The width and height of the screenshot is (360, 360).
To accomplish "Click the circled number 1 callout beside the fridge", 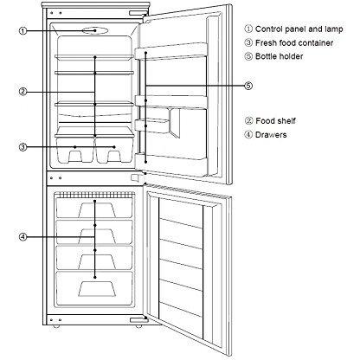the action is pyautogui.click(x=23, y=30).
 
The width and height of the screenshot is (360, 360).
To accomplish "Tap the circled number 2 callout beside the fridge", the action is pyautogui.click(x=23, y=92).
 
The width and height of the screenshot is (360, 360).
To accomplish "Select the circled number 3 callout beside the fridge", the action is pyautogui.click(x=23, y=147).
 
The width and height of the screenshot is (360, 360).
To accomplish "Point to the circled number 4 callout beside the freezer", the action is pyautogui.click(x=23, y=237).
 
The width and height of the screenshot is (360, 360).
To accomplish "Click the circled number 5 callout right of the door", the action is pyautogui.click(x=248, y=86).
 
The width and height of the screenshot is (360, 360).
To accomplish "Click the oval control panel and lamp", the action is pyautogui.click(x=95, y=30).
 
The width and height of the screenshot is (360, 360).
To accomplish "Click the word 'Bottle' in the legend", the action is pyautogui.click(x=266, y=56).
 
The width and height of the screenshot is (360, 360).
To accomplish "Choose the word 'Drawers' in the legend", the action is pyautogui.click(x=271, y=135).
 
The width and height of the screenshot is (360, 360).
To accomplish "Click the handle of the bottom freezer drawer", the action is pyautogui.click(x=97, y=289).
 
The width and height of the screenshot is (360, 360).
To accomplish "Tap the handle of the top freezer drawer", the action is pyautogui.click(x=97, y=210).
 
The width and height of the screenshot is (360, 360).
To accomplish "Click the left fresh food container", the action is pyautogui.click(x=75, y=150).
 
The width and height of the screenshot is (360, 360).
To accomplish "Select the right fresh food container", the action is pyautogui.click(x=115, y=150).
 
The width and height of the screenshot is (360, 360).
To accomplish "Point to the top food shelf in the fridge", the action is pyautogui.click(x=94, y=57).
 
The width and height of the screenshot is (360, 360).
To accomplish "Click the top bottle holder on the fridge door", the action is pyautogui.click(x=170, y=51).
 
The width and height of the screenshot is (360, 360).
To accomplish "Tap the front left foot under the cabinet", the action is pyautogui.click(x=55, y=326).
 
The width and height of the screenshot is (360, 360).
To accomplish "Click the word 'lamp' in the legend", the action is pyautogui.click(x=333, y=29).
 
